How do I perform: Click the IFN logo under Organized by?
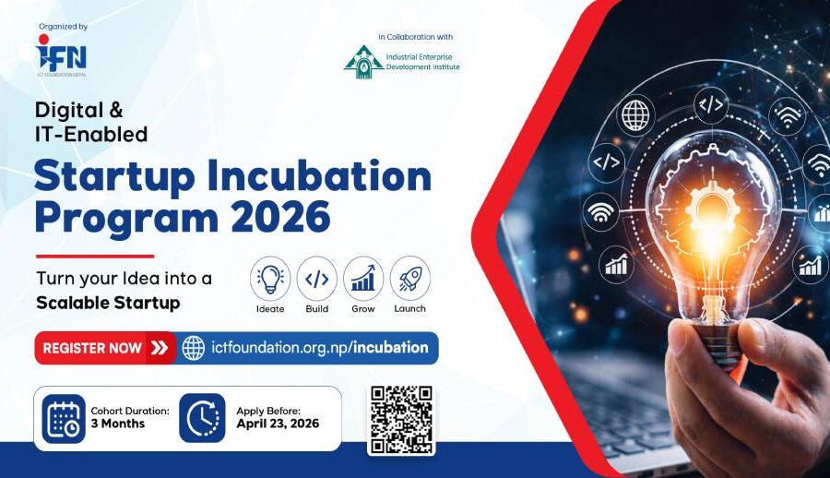point(61,55)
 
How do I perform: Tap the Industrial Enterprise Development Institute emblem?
point(363,62)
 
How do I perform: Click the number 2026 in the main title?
point(280,217)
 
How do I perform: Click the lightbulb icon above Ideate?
point(270,278)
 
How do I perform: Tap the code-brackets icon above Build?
point(316,278)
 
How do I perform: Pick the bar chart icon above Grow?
point(363,278)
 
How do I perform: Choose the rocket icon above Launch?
point(409,278)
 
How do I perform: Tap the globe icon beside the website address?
point(194,348)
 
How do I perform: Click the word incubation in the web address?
point(391,348)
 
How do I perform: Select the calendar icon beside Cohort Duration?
point(64,419)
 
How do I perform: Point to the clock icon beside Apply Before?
point(202,418)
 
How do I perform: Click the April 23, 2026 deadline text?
point(278,424)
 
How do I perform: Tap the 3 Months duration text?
point(117,424)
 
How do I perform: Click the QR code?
point(401,420)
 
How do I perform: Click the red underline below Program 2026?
point(95,257)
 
